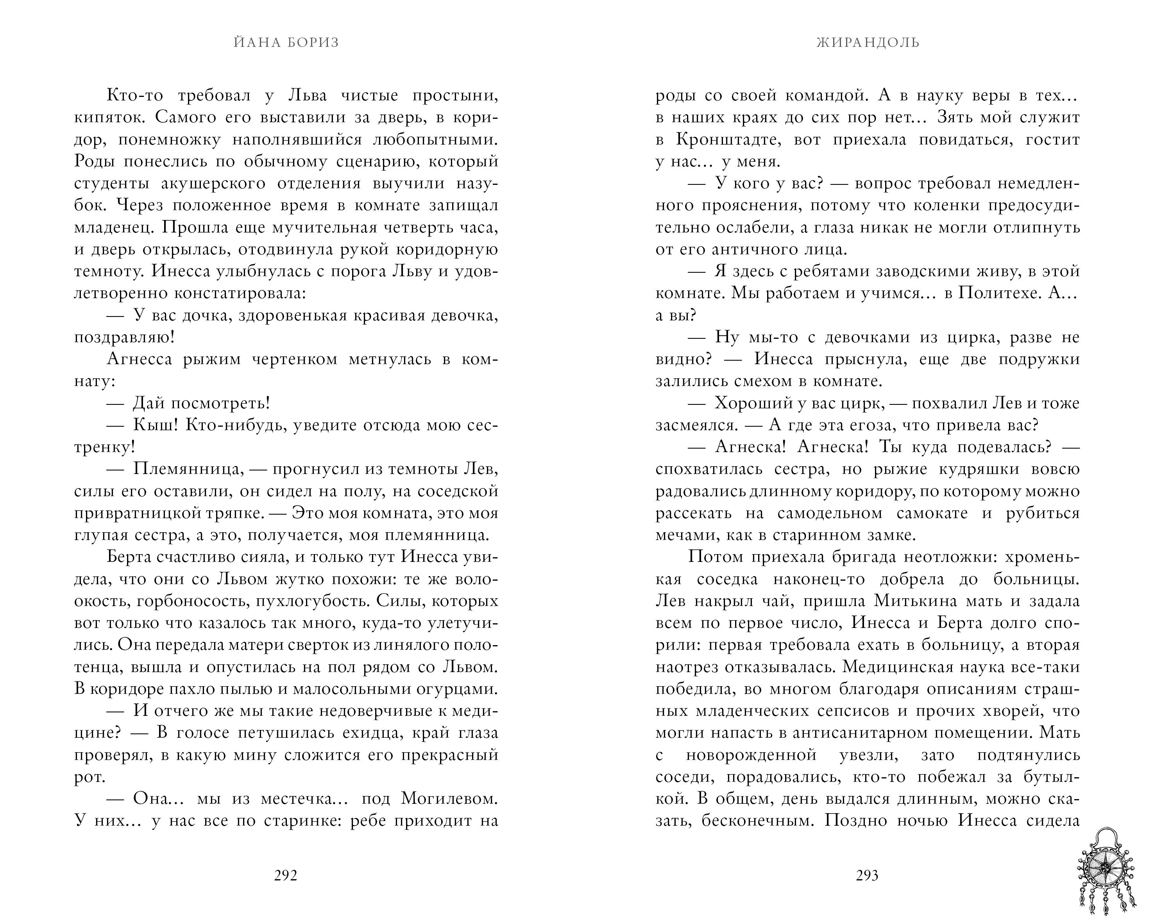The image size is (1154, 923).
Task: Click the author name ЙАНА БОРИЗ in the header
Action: pyautogui.click(x=286, y=42)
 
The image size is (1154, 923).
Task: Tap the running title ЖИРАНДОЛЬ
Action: pyautogui.click(x=868, y=42)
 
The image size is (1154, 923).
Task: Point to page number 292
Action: pyautogui.click(x=285, y=875)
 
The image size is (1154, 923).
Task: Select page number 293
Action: pyautogui.click(x=867, y=875)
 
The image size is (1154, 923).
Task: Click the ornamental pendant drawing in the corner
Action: pyautogui.click(x=1105, y=872)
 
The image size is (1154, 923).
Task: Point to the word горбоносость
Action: pyautogui.click(x=191, y=601)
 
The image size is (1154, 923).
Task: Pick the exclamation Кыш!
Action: pyautogui.click(x=152, y=426)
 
